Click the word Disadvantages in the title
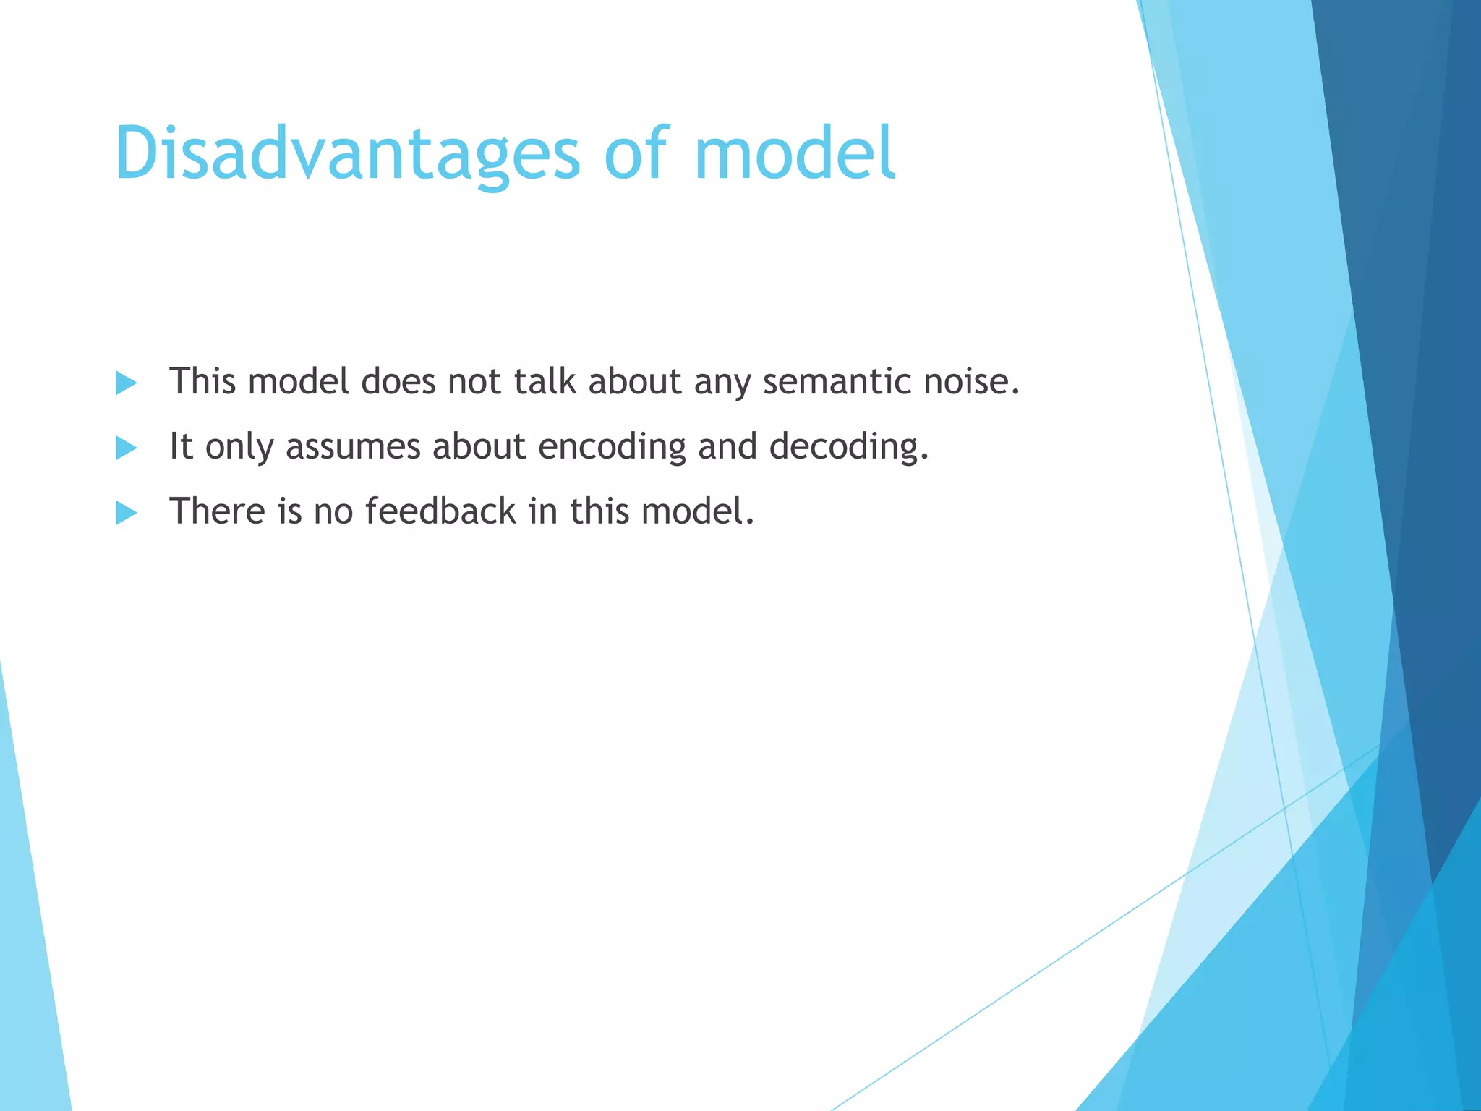click(x=347, y=153)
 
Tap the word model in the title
click(x=794, y=153)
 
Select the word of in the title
click(x=636, y=153)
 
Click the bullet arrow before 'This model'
click(x=126, y=383)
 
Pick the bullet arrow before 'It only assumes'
click(x=126, y=448)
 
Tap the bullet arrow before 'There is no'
click(x=126, y=513)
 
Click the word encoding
click(x=612, y=447)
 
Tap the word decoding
click(x=848, y=447)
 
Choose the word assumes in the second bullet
click(x=353, y=447)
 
